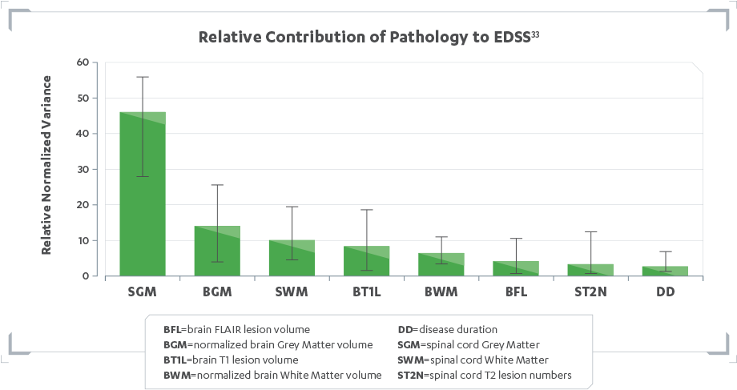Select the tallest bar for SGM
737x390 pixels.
point(143,200)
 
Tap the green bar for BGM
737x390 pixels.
point(217,252)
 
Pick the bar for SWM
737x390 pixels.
point(292,259)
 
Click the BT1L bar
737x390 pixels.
point(366,262)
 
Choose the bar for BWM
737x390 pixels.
point(441,265)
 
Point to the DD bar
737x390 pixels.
point(665,271)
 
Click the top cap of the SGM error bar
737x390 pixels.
point(143,77)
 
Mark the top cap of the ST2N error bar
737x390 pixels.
point(590,231)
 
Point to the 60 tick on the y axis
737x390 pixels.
point(83,62)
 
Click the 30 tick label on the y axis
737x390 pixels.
point(83,169)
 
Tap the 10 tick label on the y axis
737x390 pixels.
point(83,240)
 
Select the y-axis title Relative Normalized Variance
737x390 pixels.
point(46,165)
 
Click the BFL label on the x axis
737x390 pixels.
point(515,292)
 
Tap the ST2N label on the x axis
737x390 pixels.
point(590,292)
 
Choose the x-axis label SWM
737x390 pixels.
point(292,292)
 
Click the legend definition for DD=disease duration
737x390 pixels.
point(448,329)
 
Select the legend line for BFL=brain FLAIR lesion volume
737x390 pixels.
point(236,329)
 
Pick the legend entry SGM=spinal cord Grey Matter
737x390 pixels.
point(468,344)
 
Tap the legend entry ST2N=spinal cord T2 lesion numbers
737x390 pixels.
point(484,375)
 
